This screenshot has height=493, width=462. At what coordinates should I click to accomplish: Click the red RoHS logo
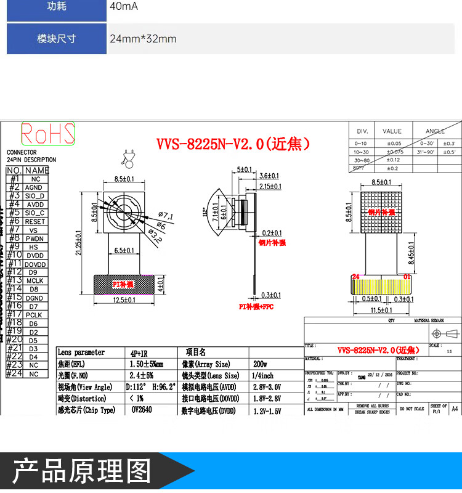tap(48, 134)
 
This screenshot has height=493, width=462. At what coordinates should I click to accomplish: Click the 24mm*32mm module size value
tap(143, 39)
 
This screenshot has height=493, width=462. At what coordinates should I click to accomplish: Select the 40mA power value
tap(124, 7)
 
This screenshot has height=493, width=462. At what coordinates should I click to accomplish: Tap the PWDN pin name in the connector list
tap(35, 238)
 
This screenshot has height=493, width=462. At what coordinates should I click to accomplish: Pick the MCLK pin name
tap(34, 280)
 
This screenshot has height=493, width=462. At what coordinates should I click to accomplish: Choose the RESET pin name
tap(35, 221)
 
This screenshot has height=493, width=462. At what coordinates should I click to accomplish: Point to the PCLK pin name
tap(34, 314)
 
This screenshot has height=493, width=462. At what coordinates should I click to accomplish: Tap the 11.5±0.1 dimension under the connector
tap(382, 311)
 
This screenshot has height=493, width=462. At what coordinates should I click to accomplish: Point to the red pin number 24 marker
tap(355, 277)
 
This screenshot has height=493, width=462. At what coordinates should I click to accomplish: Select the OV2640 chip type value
tap(141, 409)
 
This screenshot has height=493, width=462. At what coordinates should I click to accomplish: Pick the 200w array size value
tap(260, 364)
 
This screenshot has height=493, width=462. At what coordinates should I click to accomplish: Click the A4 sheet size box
tap(455, 409)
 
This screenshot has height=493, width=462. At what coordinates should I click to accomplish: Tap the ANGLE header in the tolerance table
tap(435, 131)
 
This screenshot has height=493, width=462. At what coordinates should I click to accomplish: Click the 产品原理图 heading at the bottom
tap(82, 470)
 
